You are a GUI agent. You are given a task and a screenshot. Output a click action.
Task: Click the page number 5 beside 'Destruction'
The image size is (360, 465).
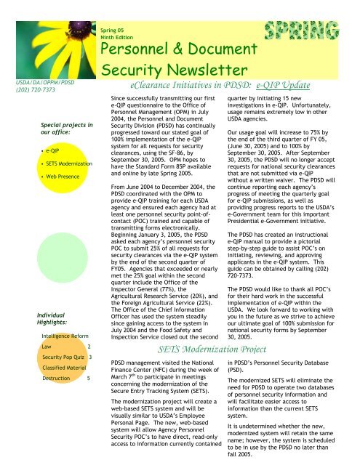[88, 378]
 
